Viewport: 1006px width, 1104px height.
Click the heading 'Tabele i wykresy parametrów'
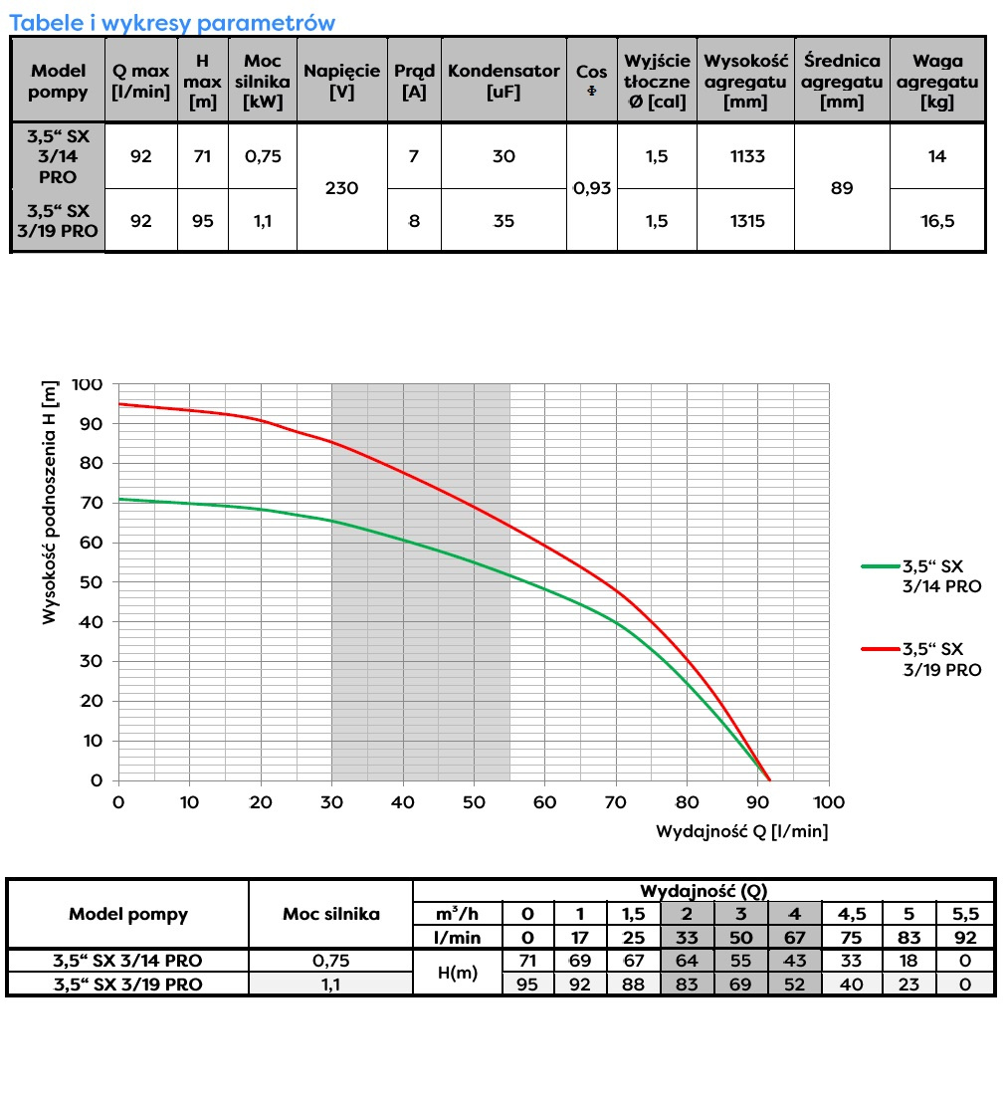[x=172, y=22]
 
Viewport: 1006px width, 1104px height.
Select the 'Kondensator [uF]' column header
[x=503, y=82]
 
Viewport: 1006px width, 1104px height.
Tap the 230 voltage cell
[x=342, y=187]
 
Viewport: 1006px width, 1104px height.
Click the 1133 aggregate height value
[x=745, y=156]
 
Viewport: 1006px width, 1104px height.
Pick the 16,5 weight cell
[x=937, y=221]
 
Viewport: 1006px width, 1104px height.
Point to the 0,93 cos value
[x=592, y=187]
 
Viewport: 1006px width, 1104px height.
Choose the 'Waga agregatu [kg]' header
[x=937, y=82]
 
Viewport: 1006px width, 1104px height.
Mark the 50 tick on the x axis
[x=474, y=802]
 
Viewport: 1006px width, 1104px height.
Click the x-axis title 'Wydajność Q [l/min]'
[x=741, y=830]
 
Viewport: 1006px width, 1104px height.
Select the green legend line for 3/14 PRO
[x=879, y=566]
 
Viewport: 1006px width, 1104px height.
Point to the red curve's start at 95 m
[x=120, y=404]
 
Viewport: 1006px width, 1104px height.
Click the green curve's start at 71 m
[x=120, y=499]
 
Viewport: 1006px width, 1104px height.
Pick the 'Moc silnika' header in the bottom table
[x=330, y=914]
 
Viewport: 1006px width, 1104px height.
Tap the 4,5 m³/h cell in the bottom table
[x=851, y=914]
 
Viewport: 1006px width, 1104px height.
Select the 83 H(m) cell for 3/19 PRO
[x=687, y=985]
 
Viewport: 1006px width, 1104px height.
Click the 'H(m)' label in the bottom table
[x=458, y=973]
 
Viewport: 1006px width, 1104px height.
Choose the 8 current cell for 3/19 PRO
[x=414, y=221]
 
